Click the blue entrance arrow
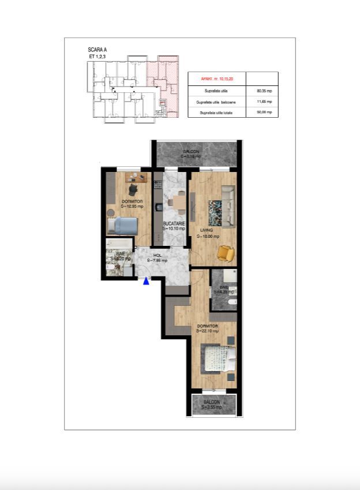[x=147, y=281]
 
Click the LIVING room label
[x=207, y=230]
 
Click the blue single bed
[x=123, y=225]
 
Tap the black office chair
[x=133, y=188]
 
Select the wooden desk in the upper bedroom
[x=136, y=177]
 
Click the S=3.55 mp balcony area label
[x=211, y=407]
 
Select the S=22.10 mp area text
[x=207, y=331]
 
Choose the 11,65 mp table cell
[x=262, y=102]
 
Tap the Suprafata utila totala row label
[x=216, y=113]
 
